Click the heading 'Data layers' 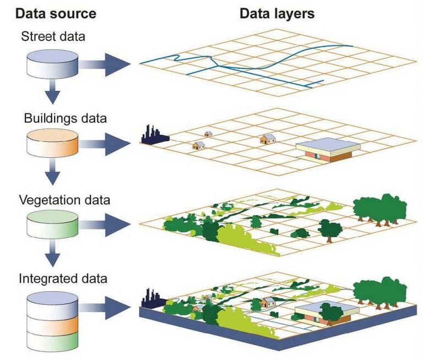pos(277,13)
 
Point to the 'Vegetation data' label pos(64,199)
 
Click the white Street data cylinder pos(53,65)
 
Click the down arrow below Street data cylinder pos(53,93)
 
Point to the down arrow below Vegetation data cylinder pos(53,253)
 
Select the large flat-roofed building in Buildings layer pos(327,149)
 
